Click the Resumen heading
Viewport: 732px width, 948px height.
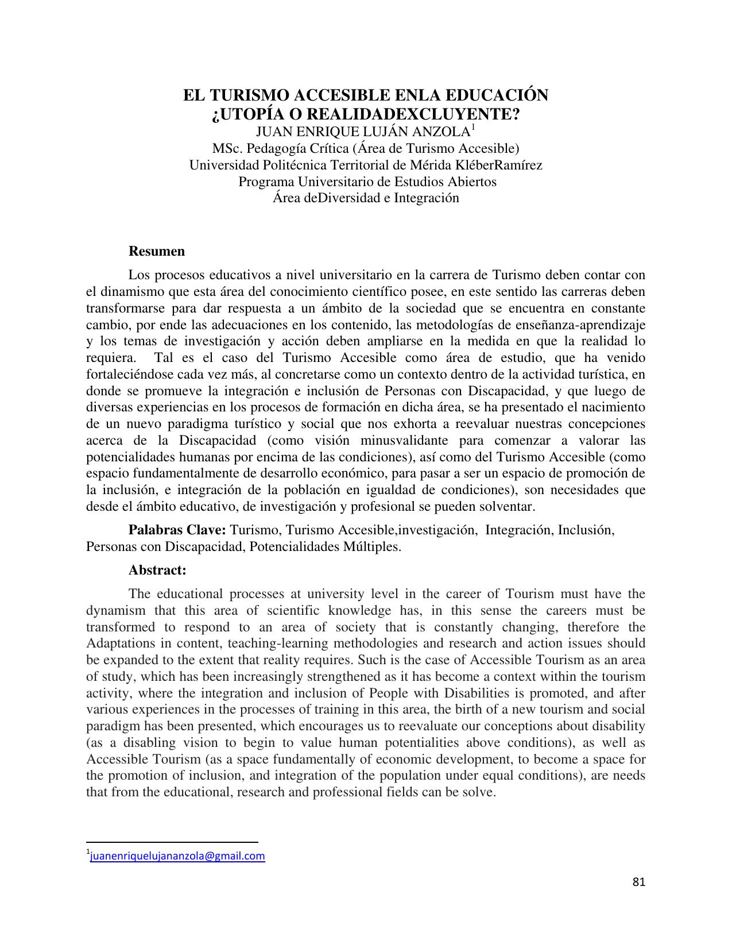tap(157, 251)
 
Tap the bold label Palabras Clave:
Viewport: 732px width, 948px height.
tap(178, 530)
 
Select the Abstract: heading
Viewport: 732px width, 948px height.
tap(157, 570)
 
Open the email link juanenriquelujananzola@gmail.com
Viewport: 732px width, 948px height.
tap(177, 856)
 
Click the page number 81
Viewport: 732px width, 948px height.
tap(638, 882)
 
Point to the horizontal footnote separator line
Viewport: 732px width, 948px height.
tap(172, 842)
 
